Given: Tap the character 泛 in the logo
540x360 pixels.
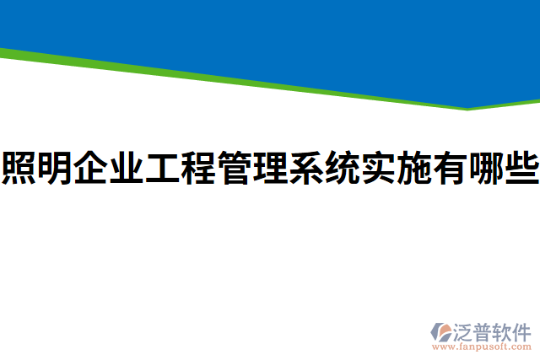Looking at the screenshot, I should pyautogui.click(x=463, y=330).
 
